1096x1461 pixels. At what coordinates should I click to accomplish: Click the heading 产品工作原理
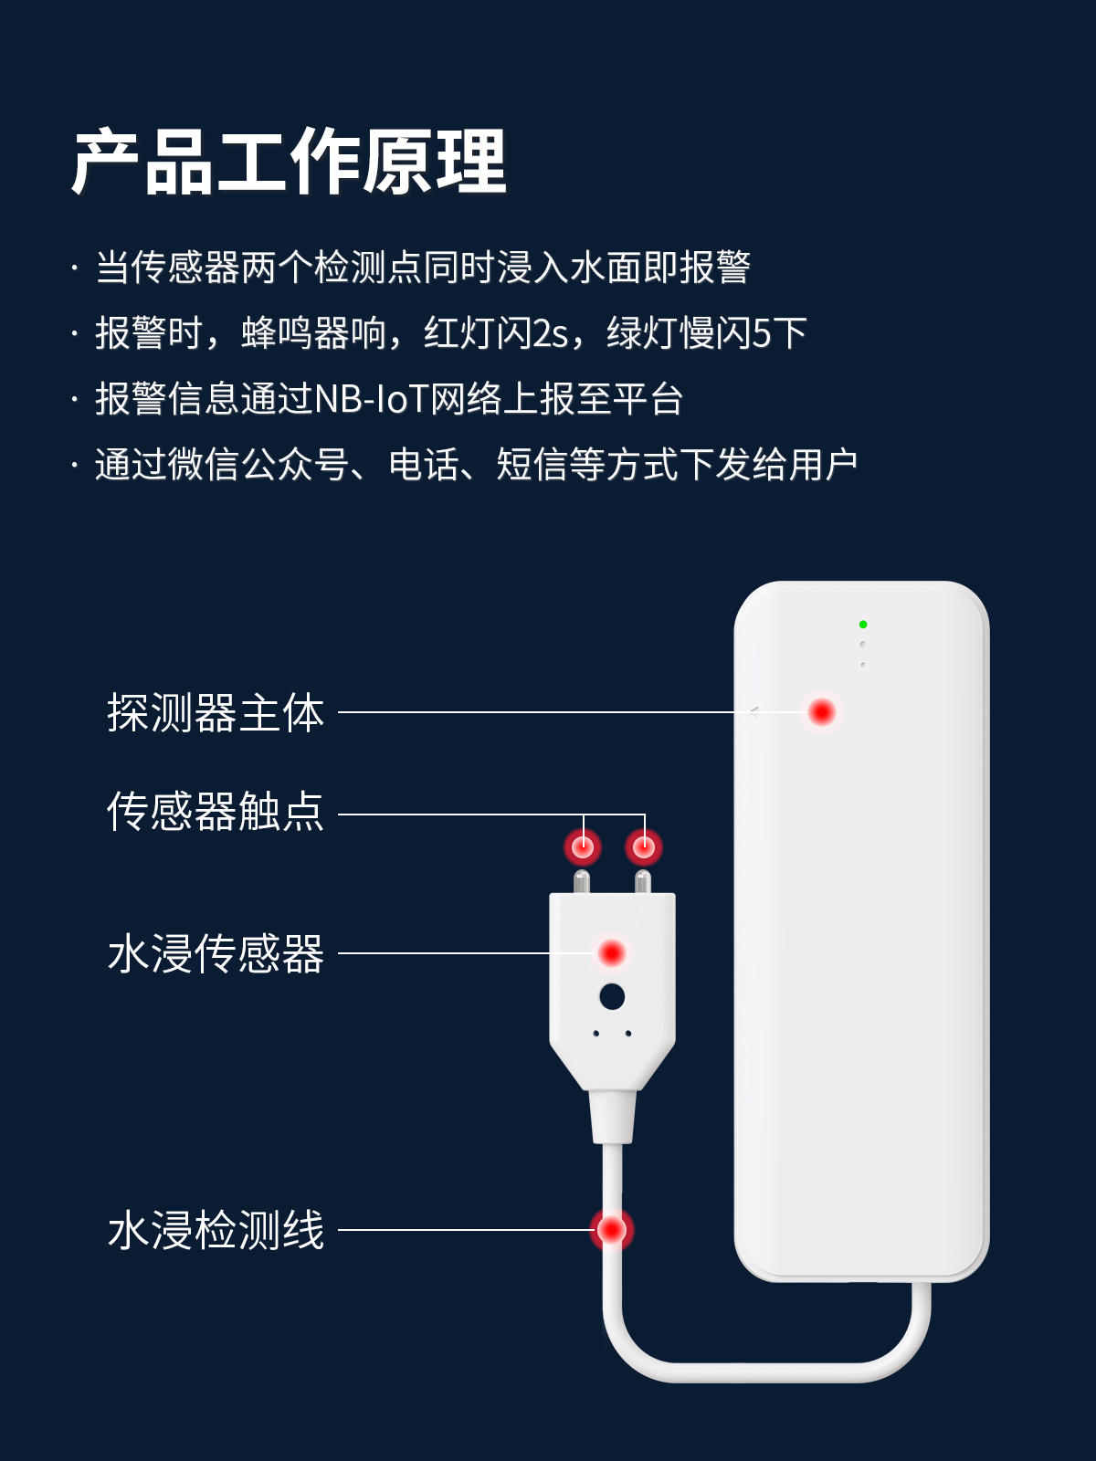289,162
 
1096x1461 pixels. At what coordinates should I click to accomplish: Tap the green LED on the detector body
863,625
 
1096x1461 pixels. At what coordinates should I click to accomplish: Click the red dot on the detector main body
821,711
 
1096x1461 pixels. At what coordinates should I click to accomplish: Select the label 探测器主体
216,713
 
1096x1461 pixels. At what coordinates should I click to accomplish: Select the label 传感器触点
216,811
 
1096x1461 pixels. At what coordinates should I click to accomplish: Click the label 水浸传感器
216,954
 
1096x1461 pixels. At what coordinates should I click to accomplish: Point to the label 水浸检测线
216,1230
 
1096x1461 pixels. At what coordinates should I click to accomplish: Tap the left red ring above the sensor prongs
583,847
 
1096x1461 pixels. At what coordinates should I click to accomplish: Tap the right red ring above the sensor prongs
644,847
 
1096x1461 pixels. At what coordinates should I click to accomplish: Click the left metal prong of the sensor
581,883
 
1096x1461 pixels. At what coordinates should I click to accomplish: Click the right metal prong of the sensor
643,883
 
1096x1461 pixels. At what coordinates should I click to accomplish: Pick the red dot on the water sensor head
611,953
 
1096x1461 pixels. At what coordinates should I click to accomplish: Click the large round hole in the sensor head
612,996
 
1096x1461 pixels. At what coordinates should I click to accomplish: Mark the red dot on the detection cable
611,1229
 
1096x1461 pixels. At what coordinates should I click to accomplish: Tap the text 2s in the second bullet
550,333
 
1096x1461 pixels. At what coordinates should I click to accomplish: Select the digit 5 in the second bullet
761,333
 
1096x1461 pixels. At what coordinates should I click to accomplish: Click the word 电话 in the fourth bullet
424,465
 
